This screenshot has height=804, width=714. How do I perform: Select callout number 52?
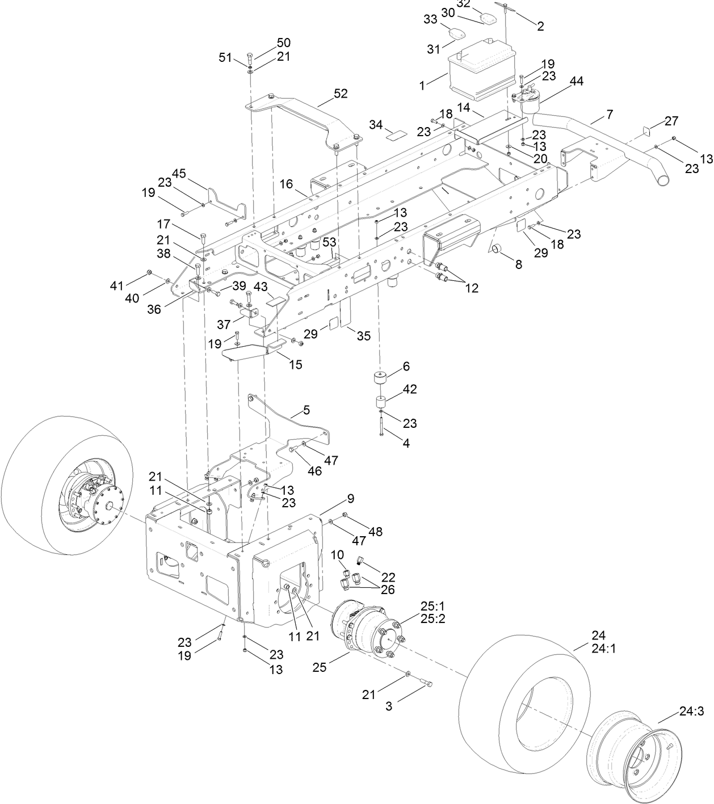click(341, 94)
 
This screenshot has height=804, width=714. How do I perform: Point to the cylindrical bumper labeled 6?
click(380, 378)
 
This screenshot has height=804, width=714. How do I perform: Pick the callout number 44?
click(576, 82)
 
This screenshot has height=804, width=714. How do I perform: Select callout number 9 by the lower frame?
click(350, 499)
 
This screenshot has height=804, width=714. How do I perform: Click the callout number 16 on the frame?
click(286, 184)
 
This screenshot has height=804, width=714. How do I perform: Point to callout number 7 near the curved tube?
click(609, 115)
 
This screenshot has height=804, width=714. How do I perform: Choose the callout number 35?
click(363, 336)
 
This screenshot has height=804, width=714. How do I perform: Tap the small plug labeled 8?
click(497, 249)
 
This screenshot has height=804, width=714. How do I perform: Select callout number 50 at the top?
click(283, 43)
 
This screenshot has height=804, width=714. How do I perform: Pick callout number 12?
click(471, 288)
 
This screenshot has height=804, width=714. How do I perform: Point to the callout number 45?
click(179, 174)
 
